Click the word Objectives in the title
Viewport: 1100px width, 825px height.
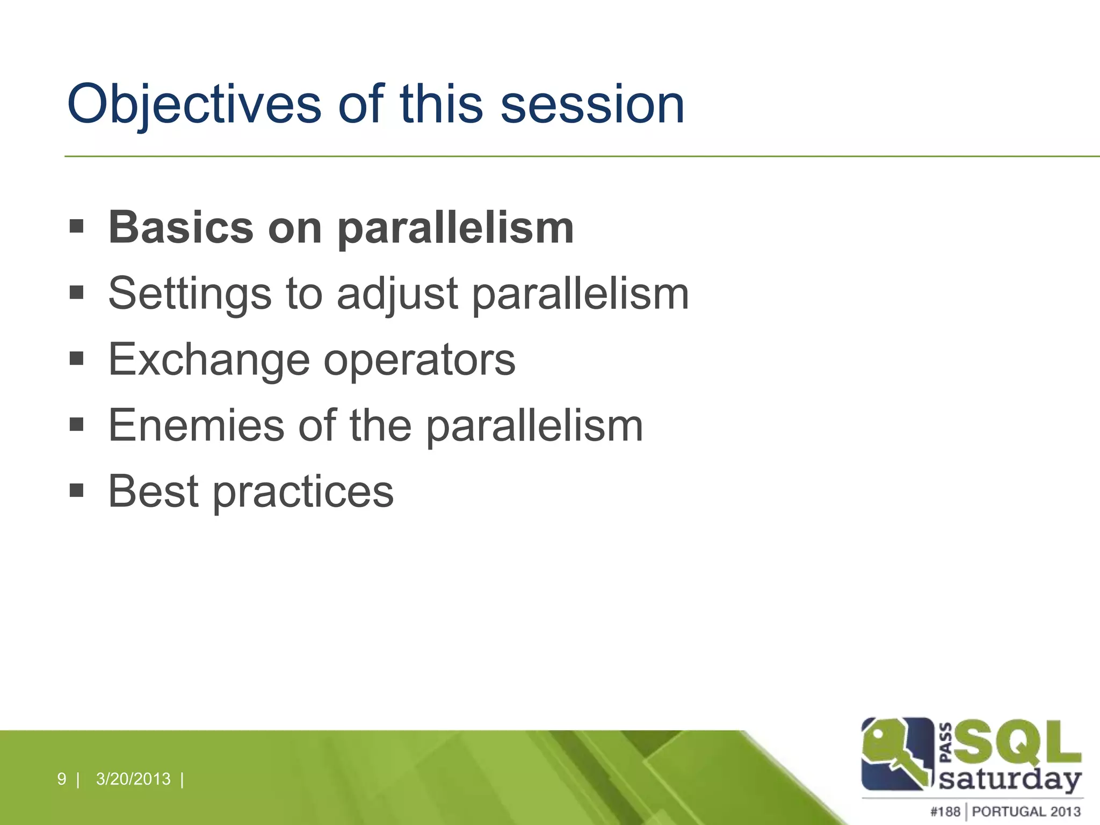coord(193,105)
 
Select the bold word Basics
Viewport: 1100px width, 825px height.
coord(181,228)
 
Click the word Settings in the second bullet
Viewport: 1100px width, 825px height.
coord(190,294)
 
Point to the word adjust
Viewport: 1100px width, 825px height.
coord(397,294)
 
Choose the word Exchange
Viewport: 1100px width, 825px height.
coord(209,359)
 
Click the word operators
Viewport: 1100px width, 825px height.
coord(419,359)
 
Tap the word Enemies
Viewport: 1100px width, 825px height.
coord(196,425)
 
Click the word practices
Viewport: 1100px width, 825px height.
coord(303,492)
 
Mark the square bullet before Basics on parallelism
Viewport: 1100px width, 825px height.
coord(77,226)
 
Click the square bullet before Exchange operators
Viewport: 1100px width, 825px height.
coord(77,358)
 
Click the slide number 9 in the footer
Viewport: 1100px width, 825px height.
coord(61,779)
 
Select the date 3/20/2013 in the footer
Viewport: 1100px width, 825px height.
coord(133,779)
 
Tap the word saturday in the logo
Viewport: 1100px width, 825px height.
coord(1010,779)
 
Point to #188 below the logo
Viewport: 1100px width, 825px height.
coord(945,812)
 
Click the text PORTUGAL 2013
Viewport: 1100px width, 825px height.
coord(1026,812)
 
